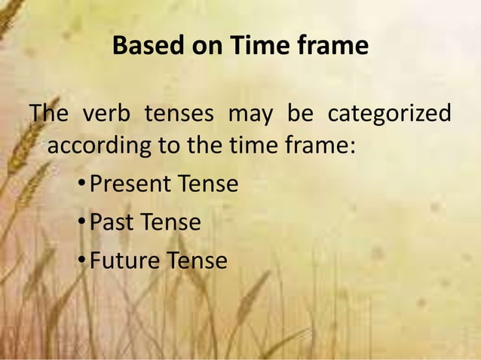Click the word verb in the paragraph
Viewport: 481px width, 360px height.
click(x=106, y=114)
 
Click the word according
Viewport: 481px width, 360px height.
click(x=100, y=145)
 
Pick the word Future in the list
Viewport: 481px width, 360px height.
click(x=124, y=261)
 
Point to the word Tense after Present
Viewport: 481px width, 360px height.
click(x=209, y=184)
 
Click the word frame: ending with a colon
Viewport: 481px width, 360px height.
click(x=320, y=144)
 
